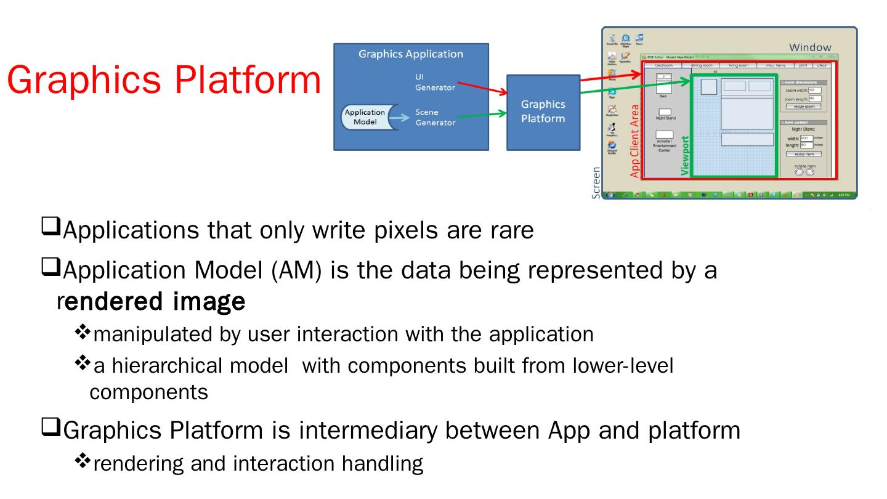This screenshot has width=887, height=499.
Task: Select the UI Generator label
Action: point(435,82)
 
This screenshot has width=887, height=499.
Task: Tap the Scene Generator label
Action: point(435,118)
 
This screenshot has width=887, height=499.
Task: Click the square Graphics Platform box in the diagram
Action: point(543,112)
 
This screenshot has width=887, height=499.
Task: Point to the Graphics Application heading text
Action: point(411,54)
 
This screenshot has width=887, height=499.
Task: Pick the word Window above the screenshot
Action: point(810,47)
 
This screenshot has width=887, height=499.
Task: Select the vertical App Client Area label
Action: point(635,140)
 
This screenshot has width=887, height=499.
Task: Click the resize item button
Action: point(804,154)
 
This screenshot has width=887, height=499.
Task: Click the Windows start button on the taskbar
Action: point(610,195)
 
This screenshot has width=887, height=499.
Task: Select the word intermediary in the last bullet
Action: point(418,431)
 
